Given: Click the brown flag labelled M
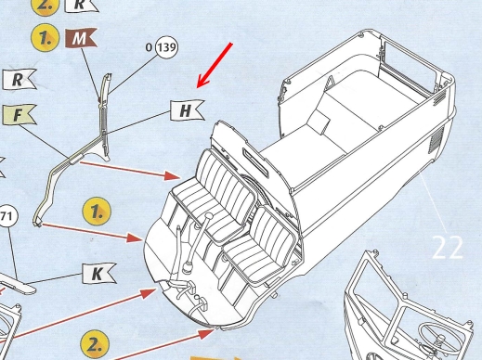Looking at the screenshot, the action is (x=81, y=38).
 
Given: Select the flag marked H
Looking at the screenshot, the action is (x=187, y=110).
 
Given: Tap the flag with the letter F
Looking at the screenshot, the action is (x=20, y=115).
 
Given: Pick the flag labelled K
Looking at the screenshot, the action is (x=98, y=274).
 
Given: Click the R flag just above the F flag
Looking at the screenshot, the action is (x=20, y=80).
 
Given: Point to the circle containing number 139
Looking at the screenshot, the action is (x=167, y=47).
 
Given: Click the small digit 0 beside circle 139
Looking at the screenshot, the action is (x=150, y=47).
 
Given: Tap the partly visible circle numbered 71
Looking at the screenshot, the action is (x=7, y=216).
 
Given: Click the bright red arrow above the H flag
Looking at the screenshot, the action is (x=215, y=66).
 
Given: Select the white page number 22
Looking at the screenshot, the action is (x=448, y=248).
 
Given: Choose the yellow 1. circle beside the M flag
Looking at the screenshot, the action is (x=46, y=37).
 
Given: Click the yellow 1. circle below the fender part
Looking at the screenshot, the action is (x=97, y=212).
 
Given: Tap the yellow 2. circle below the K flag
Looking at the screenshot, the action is (x=95, y=346).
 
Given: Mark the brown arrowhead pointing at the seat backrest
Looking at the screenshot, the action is (x=172, y=175).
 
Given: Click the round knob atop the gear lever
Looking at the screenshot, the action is (x=209, y=217).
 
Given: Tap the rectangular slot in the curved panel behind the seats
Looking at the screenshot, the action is (x=255, y=162).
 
